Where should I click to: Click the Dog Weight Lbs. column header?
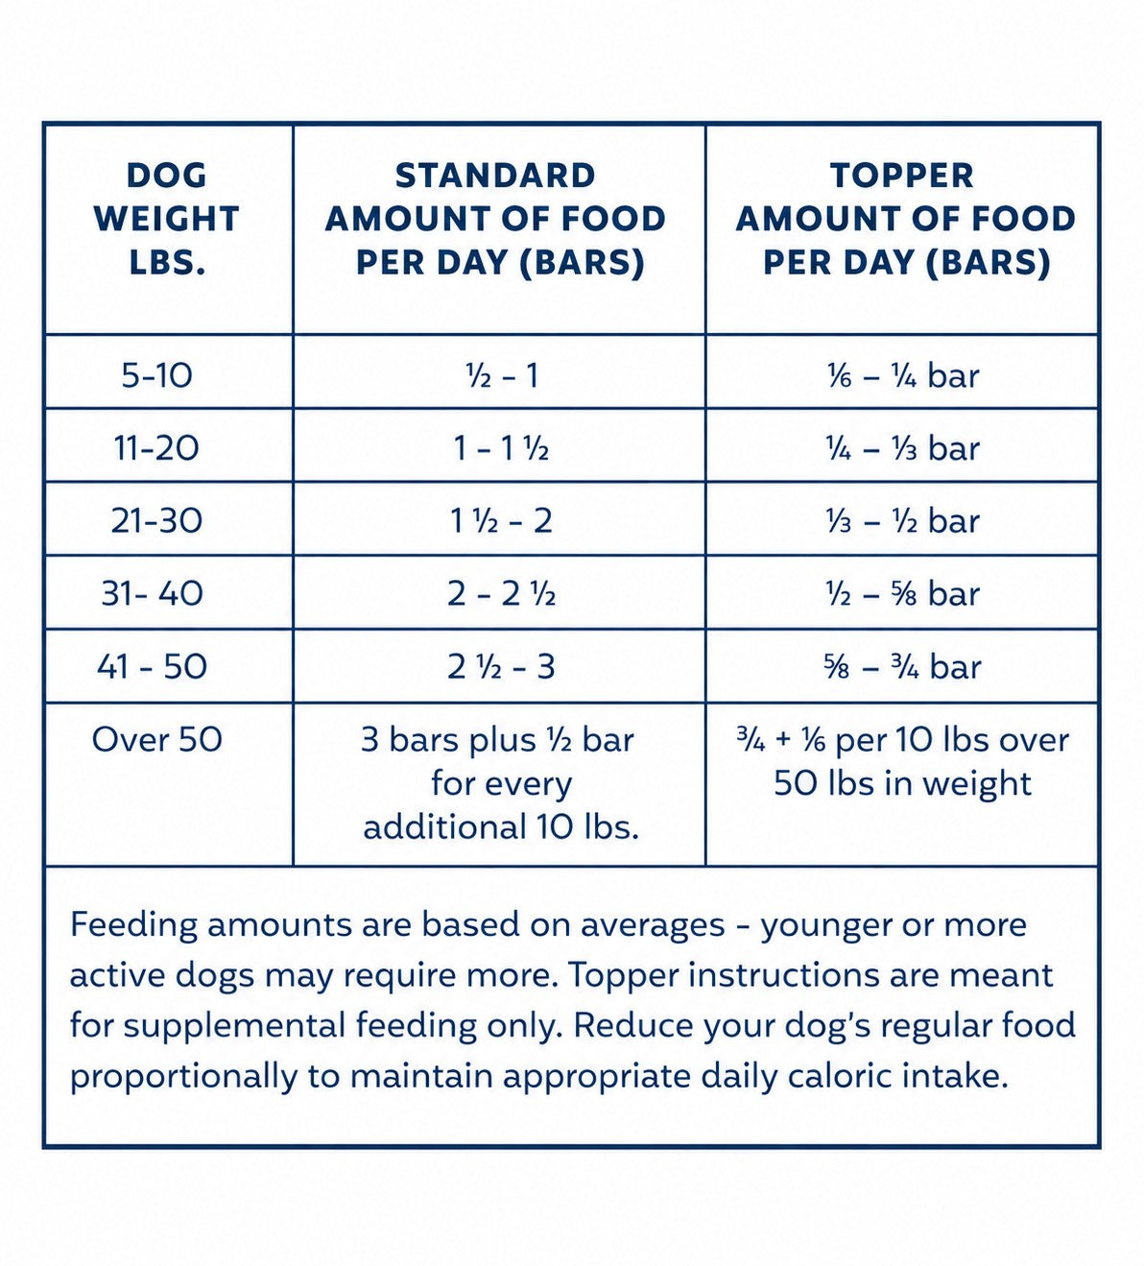click(167, 219)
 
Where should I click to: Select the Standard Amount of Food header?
click(496, 219)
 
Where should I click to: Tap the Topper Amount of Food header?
click(905, 219)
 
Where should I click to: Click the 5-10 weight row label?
click(157, 375)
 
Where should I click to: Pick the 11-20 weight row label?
click(157, 448)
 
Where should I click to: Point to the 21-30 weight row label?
click(157, 520)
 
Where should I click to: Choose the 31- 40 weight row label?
click(153, 593)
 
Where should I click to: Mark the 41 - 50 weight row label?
click(153, 666)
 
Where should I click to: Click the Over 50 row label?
click(157, 739)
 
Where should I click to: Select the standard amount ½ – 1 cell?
click(502, 376)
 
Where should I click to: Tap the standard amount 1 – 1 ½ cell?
click(501, 449)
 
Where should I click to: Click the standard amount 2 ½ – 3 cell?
click(501, 667)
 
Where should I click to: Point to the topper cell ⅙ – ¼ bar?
click(903, 376)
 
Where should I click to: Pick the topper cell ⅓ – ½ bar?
click(903, 521)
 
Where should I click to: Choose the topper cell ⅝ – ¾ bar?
click(903, 667)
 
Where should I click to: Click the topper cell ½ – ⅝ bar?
click(903, 594)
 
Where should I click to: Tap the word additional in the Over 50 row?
click(445, 826)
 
